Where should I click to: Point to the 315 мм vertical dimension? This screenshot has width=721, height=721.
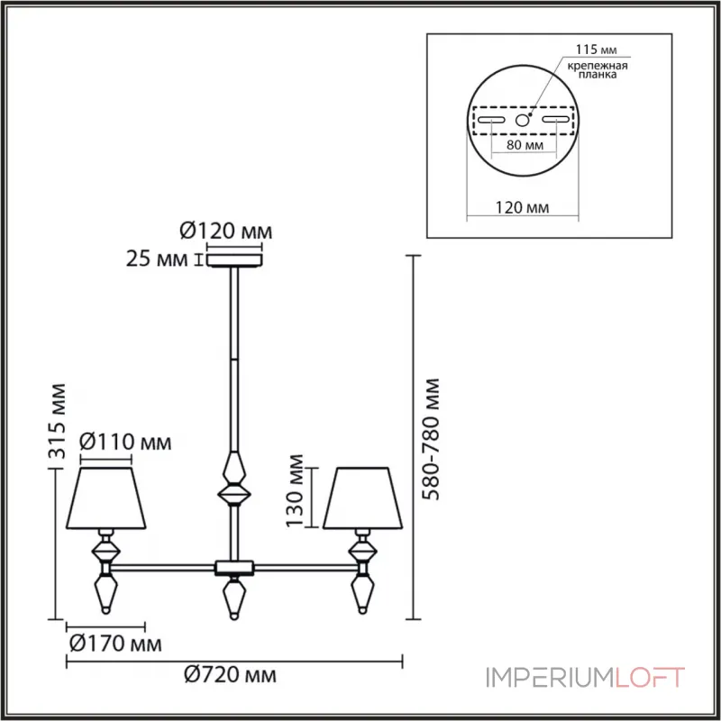[58, 424]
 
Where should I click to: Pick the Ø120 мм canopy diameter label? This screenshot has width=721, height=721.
[225, 232]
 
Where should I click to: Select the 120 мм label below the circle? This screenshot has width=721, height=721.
[524, 208]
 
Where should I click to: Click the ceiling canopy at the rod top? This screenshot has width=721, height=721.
[233, 261]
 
